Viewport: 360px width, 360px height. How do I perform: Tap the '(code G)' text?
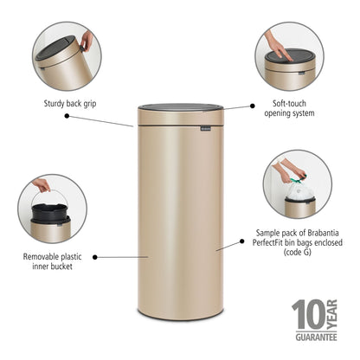[x=293, y=255]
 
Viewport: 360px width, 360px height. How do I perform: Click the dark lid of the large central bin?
[x=180, y=112]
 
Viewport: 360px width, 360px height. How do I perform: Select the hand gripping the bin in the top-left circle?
[x=87, y=40]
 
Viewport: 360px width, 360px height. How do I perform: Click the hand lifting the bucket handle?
[x=42, y=185]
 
